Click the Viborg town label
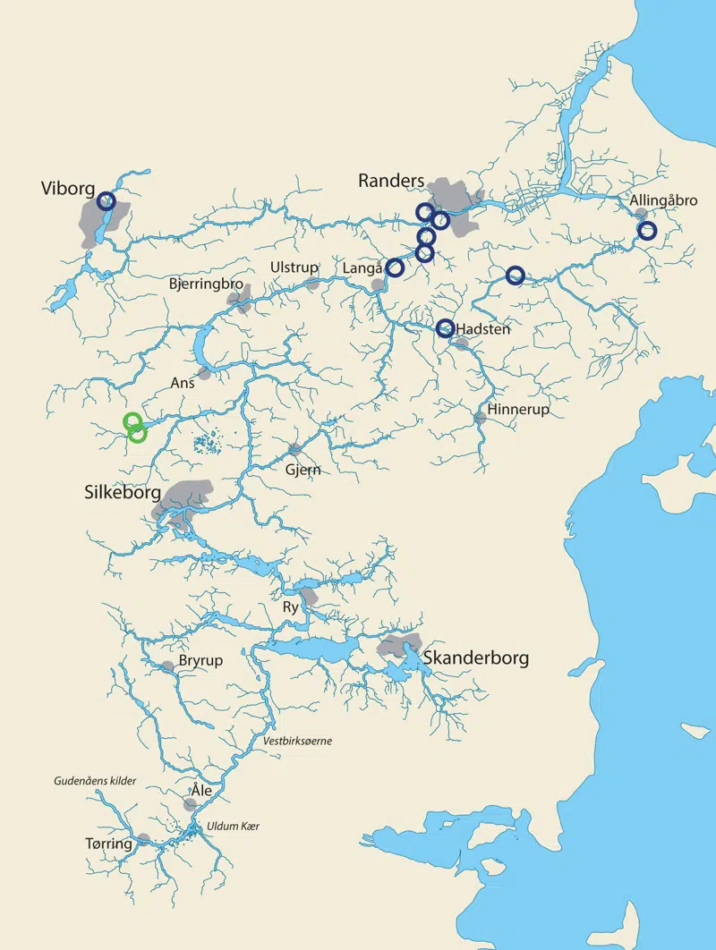[x=68, y=188]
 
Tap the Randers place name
[x=390, y=181]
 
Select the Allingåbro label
[x=663, y=200]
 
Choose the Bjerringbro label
[x=206, y=284]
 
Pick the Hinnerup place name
[x=519, y=410]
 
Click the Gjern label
[x=303, y=470]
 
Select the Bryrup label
[x=200, y=660]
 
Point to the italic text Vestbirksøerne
[x=297, y=741]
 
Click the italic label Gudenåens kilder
[x=94, y=781]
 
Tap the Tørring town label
[x=108, y=844]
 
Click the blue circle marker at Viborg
[x=107, y=201]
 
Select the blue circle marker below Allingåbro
[x=647, y=231]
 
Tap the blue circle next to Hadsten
[x=445, y=328]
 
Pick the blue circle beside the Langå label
[x=395, y=267]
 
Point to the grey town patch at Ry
[x=310, y=596]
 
